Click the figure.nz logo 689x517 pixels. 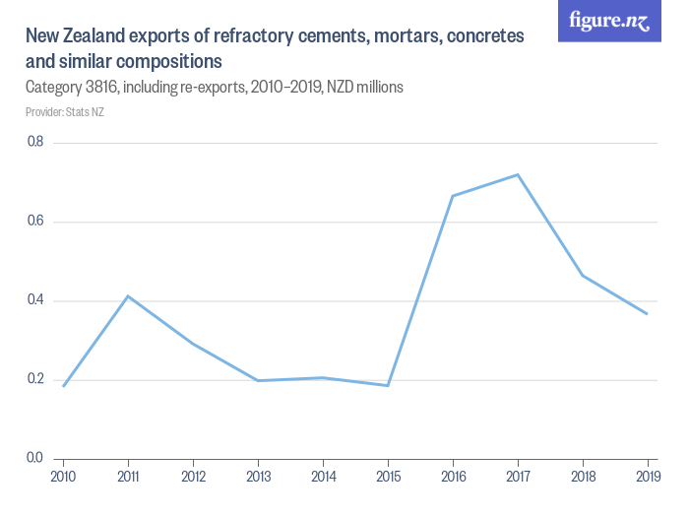tap(609, 21)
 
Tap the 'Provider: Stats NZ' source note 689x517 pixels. tap(65, 112)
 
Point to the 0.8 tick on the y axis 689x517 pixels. tap(35, 143)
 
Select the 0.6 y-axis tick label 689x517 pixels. tap(35, 222)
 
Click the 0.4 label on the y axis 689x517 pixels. tap(35, 300)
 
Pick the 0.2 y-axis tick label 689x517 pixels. tap(35, 379)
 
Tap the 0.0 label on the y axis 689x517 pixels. tap(35, 458)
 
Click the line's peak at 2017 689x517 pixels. tap(518, 174)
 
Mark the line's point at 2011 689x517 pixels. tap(128, 295)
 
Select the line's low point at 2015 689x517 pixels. tap(388, 385)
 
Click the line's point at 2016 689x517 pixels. tap(453, 196)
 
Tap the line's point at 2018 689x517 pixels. tap(583, 275)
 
